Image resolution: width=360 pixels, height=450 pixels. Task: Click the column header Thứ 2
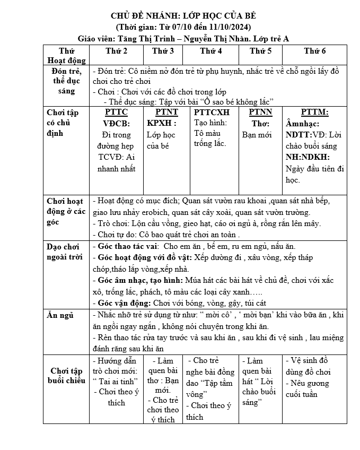117,51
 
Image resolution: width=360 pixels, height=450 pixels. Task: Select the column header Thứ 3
163,51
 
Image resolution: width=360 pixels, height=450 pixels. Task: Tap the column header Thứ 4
211,51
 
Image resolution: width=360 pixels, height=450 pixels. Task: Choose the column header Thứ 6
315,51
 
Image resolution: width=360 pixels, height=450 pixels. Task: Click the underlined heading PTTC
116,112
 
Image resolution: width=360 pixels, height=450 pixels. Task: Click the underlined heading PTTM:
314,112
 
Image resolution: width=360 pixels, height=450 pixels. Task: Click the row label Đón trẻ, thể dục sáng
66,81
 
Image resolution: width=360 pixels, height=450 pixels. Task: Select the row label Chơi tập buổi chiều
66,375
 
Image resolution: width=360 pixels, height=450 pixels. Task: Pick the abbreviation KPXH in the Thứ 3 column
159,123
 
